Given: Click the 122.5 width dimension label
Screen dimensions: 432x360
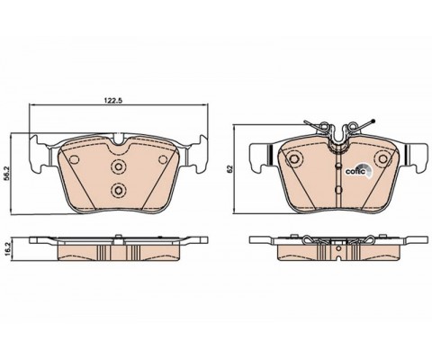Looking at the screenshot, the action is (x=113, y=101).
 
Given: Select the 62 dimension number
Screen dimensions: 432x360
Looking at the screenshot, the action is (x=230, y=169).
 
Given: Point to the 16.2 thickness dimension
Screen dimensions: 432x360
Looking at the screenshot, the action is (x=8, y=248).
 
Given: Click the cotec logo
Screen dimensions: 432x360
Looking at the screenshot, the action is (x=359, y=171).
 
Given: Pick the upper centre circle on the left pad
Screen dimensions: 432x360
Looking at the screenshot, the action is (x=118, y=166).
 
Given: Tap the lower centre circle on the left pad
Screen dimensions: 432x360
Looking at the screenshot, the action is (x=118, y=190).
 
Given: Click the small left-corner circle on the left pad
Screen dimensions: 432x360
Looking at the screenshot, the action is (x=74, y=159).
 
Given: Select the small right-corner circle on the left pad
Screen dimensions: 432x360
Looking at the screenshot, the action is (x=163, y=159).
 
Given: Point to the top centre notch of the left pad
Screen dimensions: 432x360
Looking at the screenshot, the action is (x=118, y=139).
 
